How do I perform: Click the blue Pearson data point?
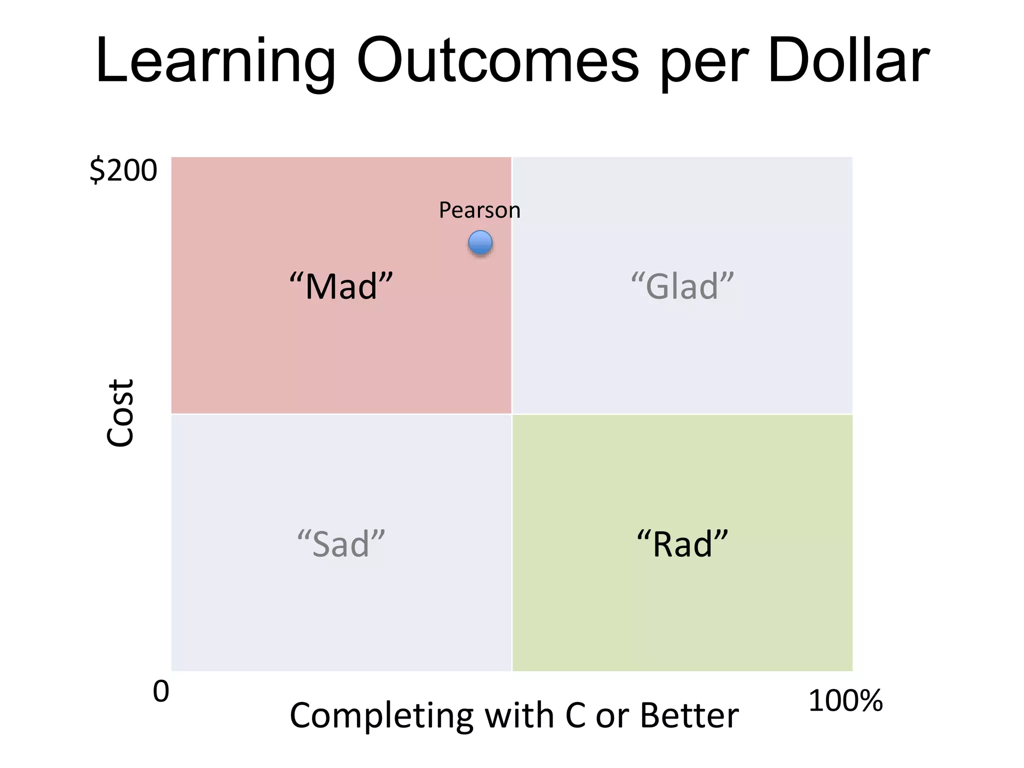(480, 243)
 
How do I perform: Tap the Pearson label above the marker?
(479, 210)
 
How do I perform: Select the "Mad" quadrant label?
(341, 286)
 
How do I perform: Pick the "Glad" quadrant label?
(682, 286)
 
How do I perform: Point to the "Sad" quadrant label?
(341, 544)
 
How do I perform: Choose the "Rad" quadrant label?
(682, 544)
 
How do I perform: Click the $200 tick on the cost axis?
(123, 171)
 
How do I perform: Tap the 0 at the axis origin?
(161, 692)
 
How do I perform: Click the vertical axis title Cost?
(120, 412)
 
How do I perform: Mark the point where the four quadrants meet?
(512, 414)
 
